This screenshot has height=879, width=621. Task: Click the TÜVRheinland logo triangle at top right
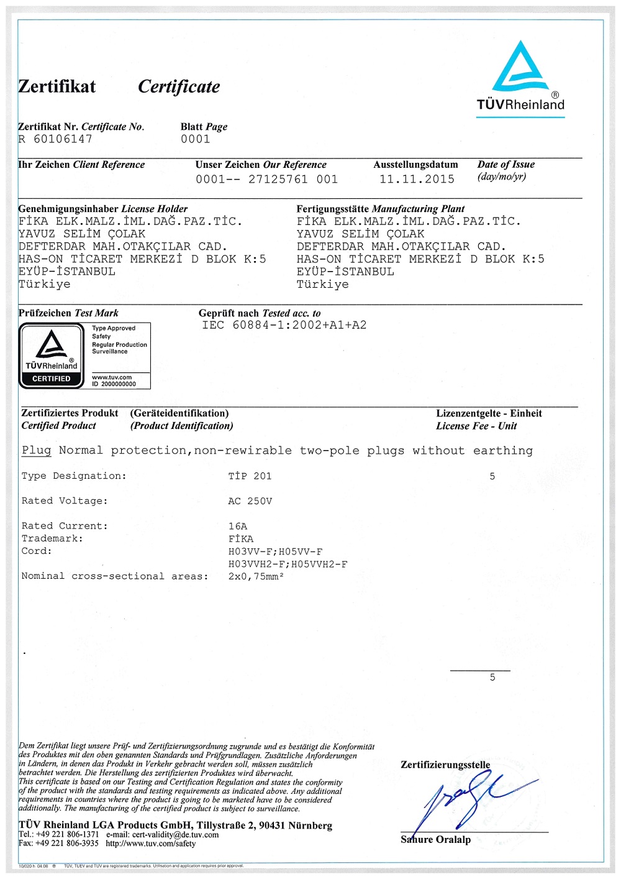pos(520,67)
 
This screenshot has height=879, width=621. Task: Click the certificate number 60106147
pos(63,139)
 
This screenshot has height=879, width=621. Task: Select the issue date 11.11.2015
pos(417,179)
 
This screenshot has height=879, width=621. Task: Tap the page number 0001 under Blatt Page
pos(195,139)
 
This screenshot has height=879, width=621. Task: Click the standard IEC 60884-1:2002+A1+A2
pos(284,325)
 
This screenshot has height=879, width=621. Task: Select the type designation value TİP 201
pos(250,476)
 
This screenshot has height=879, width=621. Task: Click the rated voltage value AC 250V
pos(250,501)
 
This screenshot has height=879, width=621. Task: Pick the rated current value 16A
pos(237,526)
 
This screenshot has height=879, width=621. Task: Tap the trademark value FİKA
pos(241,539)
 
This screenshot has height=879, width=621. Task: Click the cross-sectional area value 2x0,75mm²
pos(256,576)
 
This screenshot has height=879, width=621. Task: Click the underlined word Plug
pos(37,450)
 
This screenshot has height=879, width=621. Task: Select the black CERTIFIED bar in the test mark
pos(52,379)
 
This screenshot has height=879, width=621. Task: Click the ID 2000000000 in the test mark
pos(114,384)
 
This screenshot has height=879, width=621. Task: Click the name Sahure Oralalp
pos(435,840)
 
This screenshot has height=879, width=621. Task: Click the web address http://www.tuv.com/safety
pos(150,844)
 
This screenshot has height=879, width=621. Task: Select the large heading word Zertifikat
pos(57,86)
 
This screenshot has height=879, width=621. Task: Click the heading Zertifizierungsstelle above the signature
pos(445,765)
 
